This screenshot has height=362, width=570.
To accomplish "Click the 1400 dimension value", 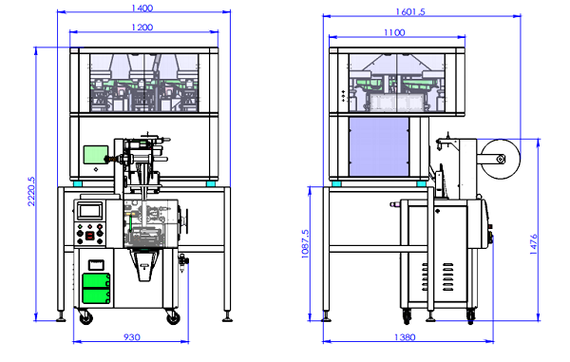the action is pyautogui.click(x=142, y=8).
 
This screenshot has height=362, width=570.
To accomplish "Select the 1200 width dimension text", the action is pyautogui.click(x=142, y=28).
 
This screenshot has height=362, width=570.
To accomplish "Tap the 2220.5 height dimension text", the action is pyautogui.click(x=31, y=191).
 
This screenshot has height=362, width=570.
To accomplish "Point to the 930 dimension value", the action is pyautogui.click(x=132, y=337).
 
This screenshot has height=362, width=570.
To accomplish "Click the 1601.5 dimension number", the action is pyautogui.click(x=410, y=12).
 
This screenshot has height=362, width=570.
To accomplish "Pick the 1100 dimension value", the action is pyautogui.click(x=394, y=32).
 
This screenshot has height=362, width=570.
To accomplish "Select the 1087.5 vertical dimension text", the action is pyautogui.click(x=305, y=244).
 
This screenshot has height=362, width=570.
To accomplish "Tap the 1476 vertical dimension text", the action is pyautogui.click(x=533, y=244).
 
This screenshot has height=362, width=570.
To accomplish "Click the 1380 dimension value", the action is pyautogui.click(x=405, y=337).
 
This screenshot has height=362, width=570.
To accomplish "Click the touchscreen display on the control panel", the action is pyautogui.click(x=90, y=210).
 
